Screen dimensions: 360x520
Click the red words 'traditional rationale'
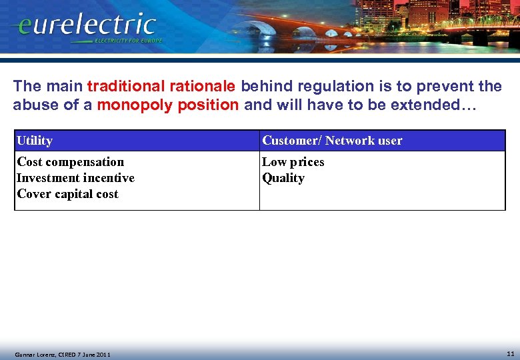[161, 86]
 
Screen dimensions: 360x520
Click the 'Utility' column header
[35, 141]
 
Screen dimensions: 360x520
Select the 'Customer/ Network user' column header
[332, 141]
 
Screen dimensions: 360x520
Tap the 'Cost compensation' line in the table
[70, 162]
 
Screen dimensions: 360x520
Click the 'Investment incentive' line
[75, 178]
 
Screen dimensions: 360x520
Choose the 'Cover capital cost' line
[67, 194]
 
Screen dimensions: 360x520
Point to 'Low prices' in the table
[293, 162]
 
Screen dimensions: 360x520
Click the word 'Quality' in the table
[283, 178]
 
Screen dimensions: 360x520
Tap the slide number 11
[510, 353]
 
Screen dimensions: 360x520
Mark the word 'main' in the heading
[65, 86]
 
